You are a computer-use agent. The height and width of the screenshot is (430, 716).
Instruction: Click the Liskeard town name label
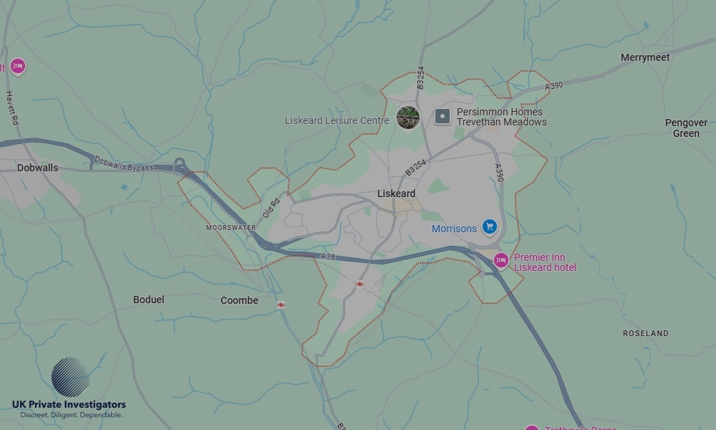396,193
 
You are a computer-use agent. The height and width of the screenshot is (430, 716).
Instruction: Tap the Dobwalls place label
38,168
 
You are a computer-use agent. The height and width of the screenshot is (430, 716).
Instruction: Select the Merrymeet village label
645,57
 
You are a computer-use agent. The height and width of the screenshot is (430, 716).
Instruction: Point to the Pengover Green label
686,128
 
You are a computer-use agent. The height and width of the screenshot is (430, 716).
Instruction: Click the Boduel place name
148,300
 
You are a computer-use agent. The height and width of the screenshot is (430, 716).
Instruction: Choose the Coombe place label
239,300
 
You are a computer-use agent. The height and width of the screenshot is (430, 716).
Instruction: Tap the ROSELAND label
645,333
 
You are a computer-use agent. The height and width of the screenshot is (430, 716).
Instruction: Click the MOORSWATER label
231,227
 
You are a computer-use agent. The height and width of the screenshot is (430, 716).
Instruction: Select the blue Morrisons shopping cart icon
490,227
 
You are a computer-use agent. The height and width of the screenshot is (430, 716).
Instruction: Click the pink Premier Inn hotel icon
501,260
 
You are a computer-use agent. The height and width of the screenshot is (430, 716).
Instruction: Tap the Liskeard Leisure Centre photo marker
408,117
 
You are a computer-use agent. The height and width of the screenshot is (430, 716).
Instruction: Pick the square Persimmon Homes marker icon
442,116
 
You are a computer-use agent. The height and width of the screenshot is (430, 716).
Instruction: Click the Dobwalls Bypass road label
123,164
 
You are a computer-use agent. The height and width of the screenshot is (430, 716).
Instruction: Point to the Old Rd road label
271,206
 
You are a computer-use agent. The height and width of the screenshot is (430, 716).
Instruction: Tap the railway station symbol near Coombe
281,305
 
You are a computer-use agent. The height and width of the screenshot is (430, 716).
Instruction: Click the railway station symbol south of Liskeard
359,284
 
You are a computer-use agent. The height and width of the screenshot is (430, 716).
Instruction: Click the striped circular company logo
70,377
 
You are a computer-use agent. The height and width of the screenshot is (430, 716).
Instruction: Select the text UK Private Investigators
69,405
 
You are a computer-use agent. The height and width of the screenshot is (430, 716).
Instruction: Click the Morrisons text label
454,229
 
